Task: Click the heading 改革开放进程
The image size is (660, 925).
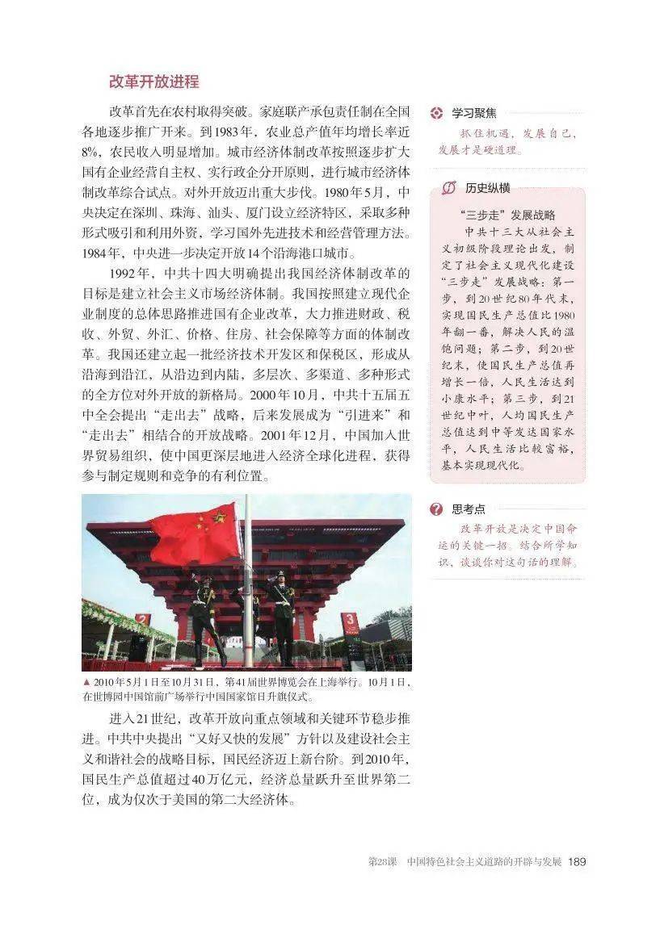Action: tap(153, 82)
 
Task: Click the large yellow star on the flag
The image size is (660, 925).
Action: tap(218, 517)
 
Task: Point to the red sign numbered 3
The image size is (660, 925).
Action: tap(351, 623)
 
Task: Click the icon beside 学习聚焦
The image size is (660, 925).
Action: tap(437, 113)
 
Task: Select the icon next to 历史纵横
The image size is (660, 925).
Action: tap(449, 188)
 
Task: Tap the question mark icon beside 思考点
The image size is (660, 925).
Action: tap(437, 509)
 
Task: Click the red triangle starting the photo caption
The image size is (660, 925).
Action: tap(86, 682)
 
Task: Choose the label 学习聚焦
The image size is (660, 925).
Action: tap(474, 113)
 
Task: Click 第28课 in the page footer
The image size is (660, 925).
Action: tap(380, 862)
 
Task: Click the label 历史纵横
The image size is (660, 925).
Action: tap(487, 188)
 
